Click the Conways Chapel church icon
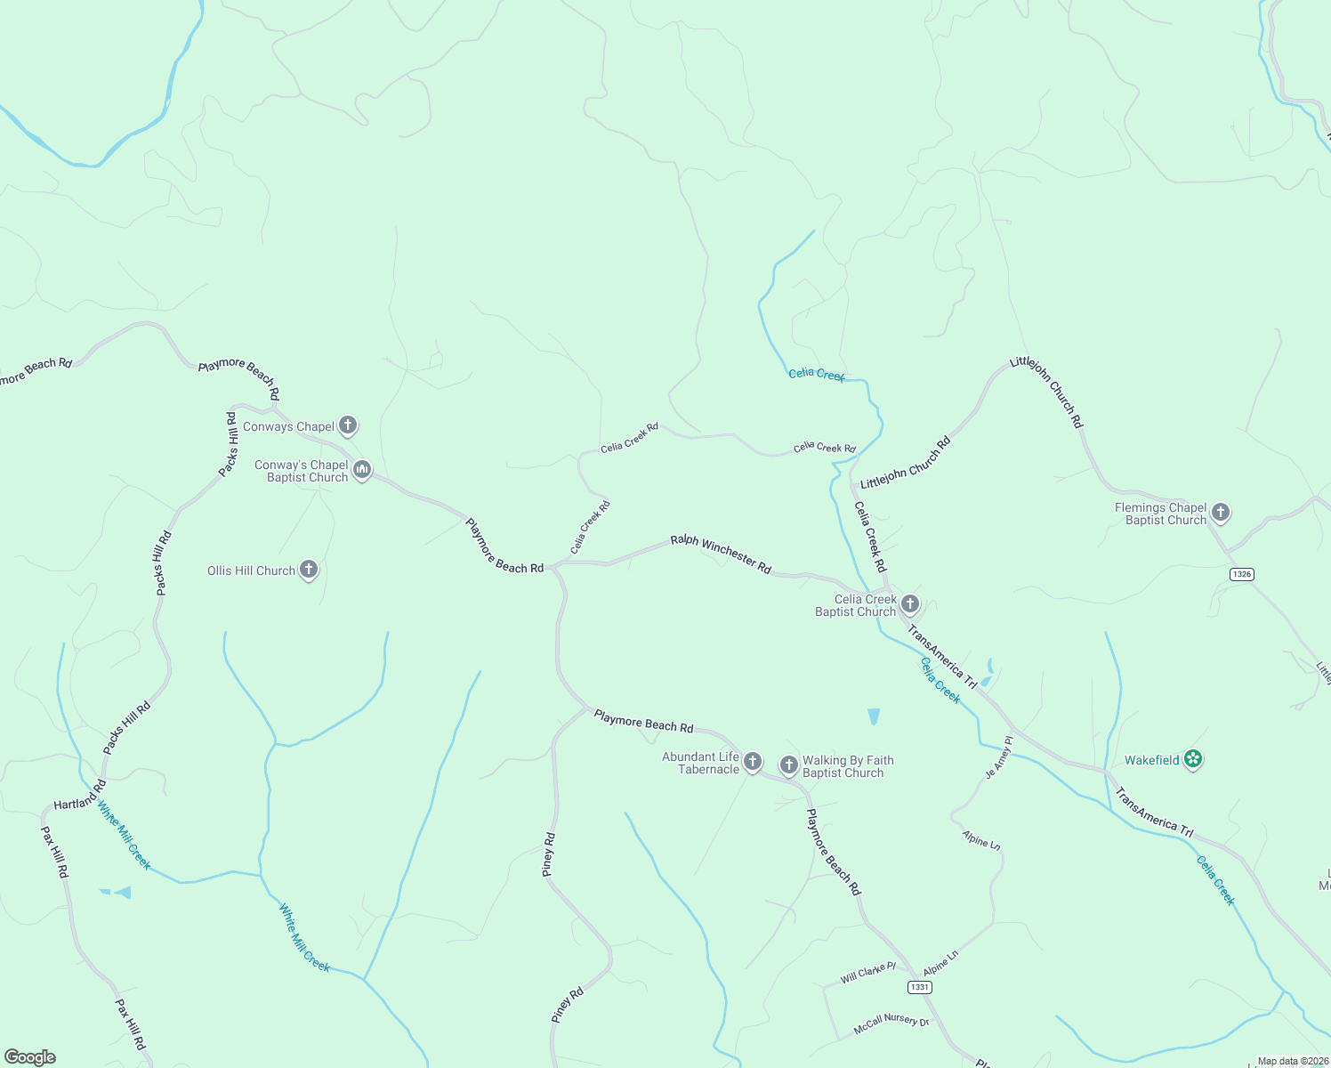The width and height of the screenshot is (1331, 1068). pos(348,425)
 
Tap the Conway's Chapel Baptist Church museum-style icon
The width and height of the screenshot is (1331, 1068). pos(362,469)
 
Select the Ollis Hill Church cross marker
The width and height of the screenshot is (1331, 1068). pos(309,570)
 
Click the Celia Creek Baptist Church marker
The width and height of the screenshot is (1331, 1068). pos(909,604)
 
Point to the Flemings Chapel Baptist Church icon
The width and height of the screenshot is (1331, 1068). pos(1221,512)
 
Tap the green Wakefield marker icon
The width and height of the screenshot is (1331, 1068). pos(1193,759)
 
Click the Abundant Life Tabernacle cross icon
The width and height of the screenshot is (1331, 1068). pos(753,761)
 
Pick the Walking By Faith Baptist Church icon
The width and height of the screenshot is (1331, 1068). pos(788,765)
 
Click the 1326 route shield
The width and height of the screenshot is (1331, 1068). pos(1242,574)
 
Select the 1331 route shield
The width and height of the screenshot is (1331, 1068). pos(919,987)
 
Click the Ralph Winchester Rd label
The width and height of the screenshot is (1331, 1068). pos(721,553)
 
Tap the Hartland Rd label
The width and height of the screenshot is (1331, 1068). pos(80,796)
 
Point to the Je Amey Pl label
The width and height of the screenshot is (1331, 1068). pos(999,758)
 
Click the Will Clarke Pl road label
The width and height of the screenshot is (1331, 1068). pos(867,973)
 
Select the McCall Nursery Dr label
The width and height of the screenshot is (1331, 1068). pos(891,1024)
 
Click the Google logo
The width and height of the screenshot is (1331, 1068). pos(30,1057)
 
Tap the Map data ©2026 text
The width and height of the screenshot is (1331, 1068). pos(1292,1061)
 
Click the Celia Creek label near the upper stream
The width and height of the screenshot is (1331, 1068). pos(816,375)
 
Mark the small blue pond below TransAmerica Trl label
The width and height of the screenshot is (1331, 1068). pos(874,716)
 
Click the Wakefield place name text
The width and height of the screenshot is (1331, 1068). pos(1151,760)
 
